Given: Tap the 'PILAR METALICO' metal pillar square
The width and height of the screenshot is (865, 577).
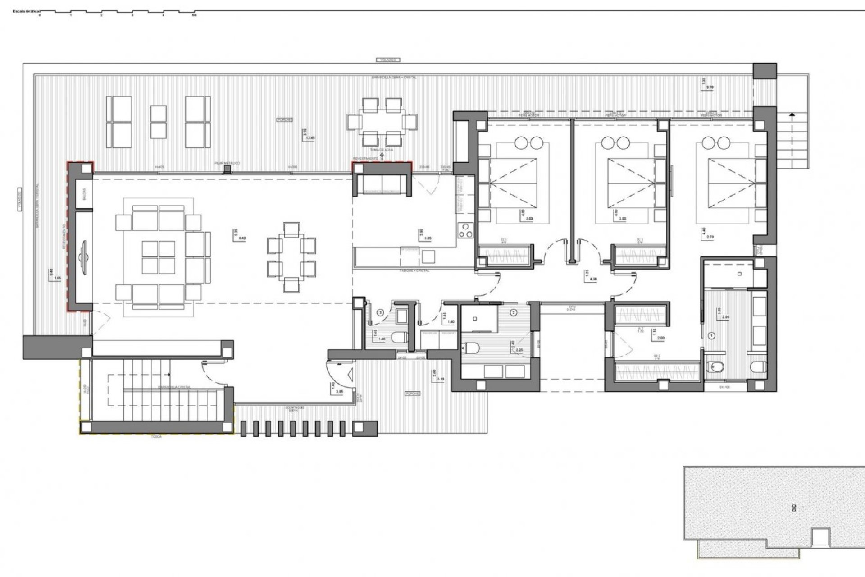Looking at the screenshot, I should (228, 169).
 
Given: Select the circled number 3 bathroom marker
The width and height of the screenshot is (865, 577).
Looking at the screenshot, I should (380, 312).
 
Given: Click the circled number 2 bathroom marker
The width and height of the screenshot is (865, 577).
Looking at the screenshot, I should (514, 312).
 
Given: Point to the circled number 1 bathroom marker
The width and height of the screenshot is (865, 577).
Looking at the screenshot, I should (712, 335).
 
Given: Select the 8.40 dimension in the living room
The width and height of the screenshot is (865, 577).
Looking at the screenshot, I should (242, 238).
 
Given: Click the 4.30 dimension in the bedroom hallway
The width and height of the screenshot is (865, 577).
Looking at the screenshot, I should (593, 279).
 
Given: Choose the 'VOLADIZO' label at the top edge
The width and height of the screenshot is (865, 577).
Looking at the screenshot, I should (387, 60).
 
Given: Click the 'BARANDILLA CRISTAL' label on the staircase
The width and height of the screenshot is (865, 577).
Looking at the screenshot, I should (174, 387).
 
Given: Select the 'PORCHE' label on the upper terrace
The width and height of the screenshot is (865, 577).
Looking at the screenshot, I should (284, 120).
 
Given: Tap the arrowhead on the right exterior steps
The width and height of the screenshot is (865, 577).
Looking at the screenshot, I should (792, 115).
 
